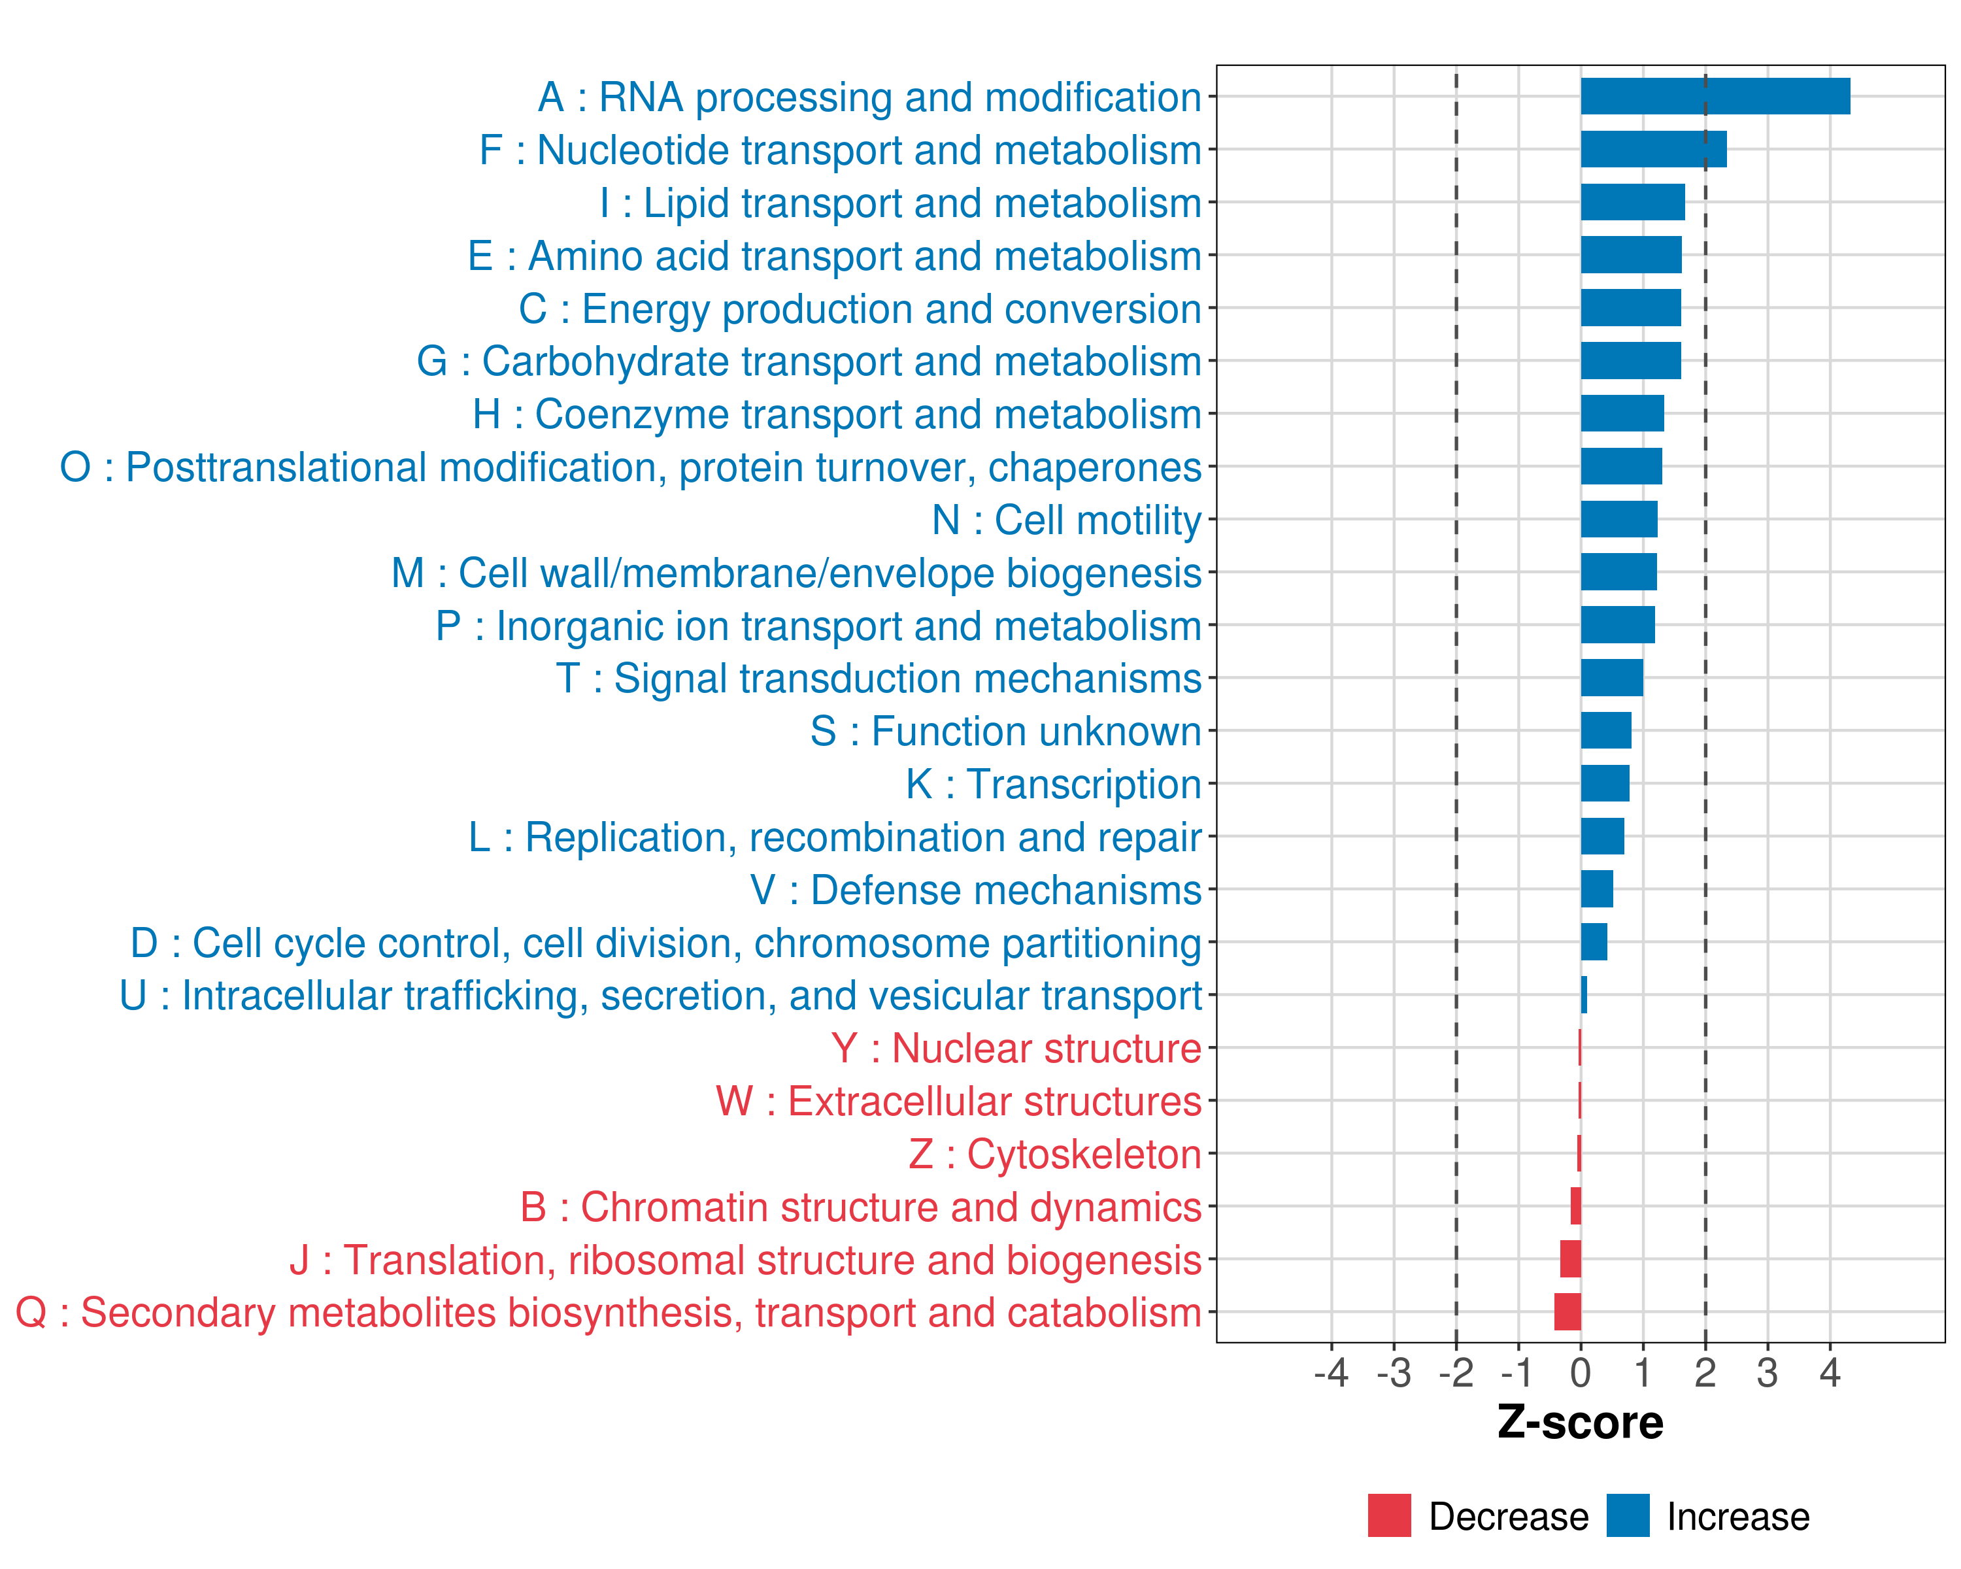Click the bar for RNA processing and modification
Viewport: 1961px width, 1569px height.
tap(1715, 96)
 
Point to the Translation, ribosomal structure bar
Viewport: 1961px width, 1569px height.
tap(1570, 1259)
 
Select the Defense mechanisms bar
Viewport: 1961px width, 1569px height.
tap(1596, 888)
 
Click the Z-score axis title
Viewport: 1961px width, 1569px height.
tap(1580, 1423)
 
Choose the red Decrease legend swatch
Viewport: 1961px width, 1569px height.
tap(1389, 1515)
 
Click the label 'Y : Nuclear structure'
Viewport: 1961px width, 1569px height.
tap(1016, 1048)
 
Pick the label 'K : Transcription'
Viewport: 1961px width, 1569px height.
tap(1053, 784)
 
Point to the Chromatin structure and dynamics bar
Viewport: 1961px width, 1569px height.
tap(1575, 1206)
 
